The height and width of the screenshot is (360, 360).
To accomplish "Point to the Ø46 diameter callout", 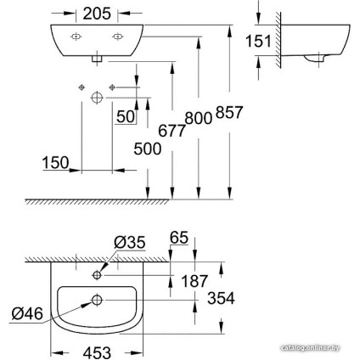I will [x=25, y=312].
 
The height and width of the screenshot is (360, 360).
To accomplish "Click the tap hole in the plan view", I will [x=99, y=275].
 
